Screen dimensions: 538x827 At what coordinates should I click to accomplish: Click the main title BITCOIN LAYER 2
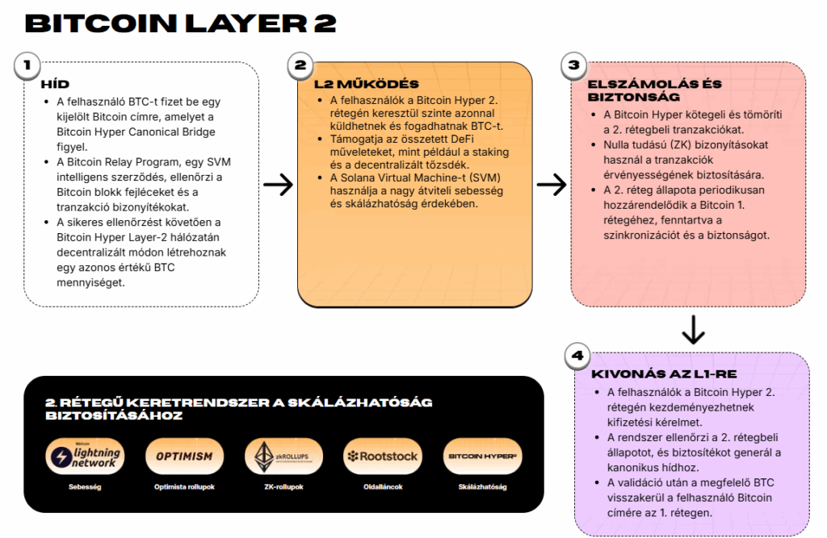pyautogui.click(x=180, y=23)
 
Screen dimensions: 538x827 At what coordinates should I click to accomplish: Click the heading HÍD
pyautogui.click(x=55, y=84)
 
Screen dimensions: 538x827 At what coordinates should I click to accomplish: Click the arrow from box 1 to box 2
pyautogui.click(x=278, y=185)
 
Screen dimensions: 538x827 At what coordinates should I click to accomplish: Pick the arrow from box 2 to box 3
pyautogui.click(x=552, y=185)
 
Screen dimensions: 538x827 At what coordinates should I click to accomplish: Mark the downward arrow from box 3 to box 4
pyautogui.click(x=693, y=329)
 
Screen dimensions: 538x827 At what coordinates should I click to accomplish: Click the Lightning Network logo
pyautogui.click(x=85, y=457)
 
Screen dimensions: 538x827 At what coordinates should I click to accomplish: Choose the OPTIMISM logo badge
pyautogui.click(x=184, y=457)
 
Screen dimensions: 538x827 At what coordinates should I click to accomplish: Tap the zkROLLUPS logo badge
pyautogui.click(x=283, y=457)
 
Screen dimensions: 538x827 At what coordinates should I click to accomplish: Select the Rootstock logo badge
pyautogui.click(x=382, y=457)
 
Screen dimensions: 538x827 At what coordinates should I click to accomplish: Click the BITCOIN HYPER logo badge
pyautogui.click(x=483, y=457)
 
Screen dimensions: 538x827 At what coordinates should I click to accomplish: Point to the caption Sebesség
pyautogui.click(x=85, y=487)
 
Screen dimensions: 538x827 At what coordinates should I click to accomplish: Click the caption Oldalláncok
pyautogui.click(x=382, y=487)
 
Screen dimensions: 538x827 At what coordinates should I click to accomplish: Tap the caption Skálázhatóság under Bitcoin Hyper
pyautogui.click(x=483, y=487)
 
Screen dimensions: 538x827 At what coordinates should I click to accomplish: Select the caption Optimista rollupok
pyautogui.click(x=184, y=487)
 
